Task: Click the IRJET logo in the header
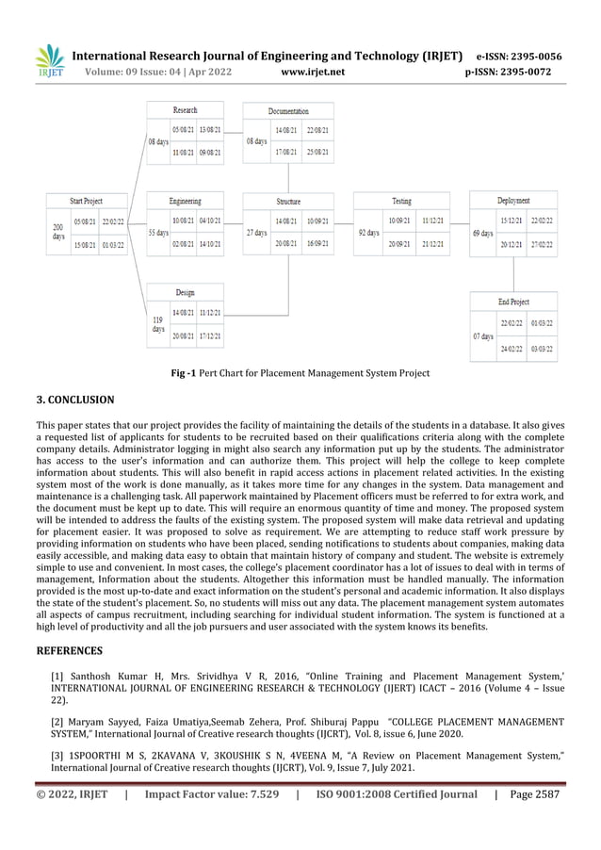coord(48,63)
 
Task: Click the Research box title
coord(186,111)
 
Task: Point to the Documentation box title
coord(288,111)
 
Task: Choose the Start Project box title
coord(86,201)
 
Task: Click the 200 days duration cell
coord(58,232)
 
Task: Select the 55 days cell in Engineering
coord(158,232)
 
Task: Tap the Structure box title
coord(288,201)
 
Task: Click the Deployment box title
coord(513,201)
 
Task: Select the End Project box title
coord(513,302)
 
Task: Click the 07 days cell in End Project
coord(482,336)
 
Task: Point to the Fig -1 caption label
coord(184,374)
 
